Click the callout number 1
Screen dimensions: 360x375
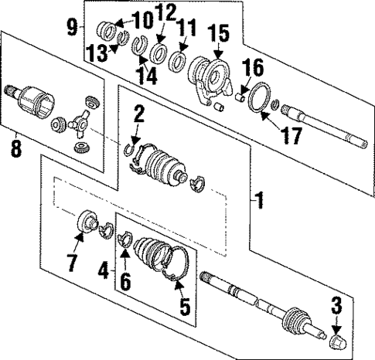click(x=260, y=202)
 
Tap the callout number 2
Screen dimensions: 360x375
click(x=138, y=115)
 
